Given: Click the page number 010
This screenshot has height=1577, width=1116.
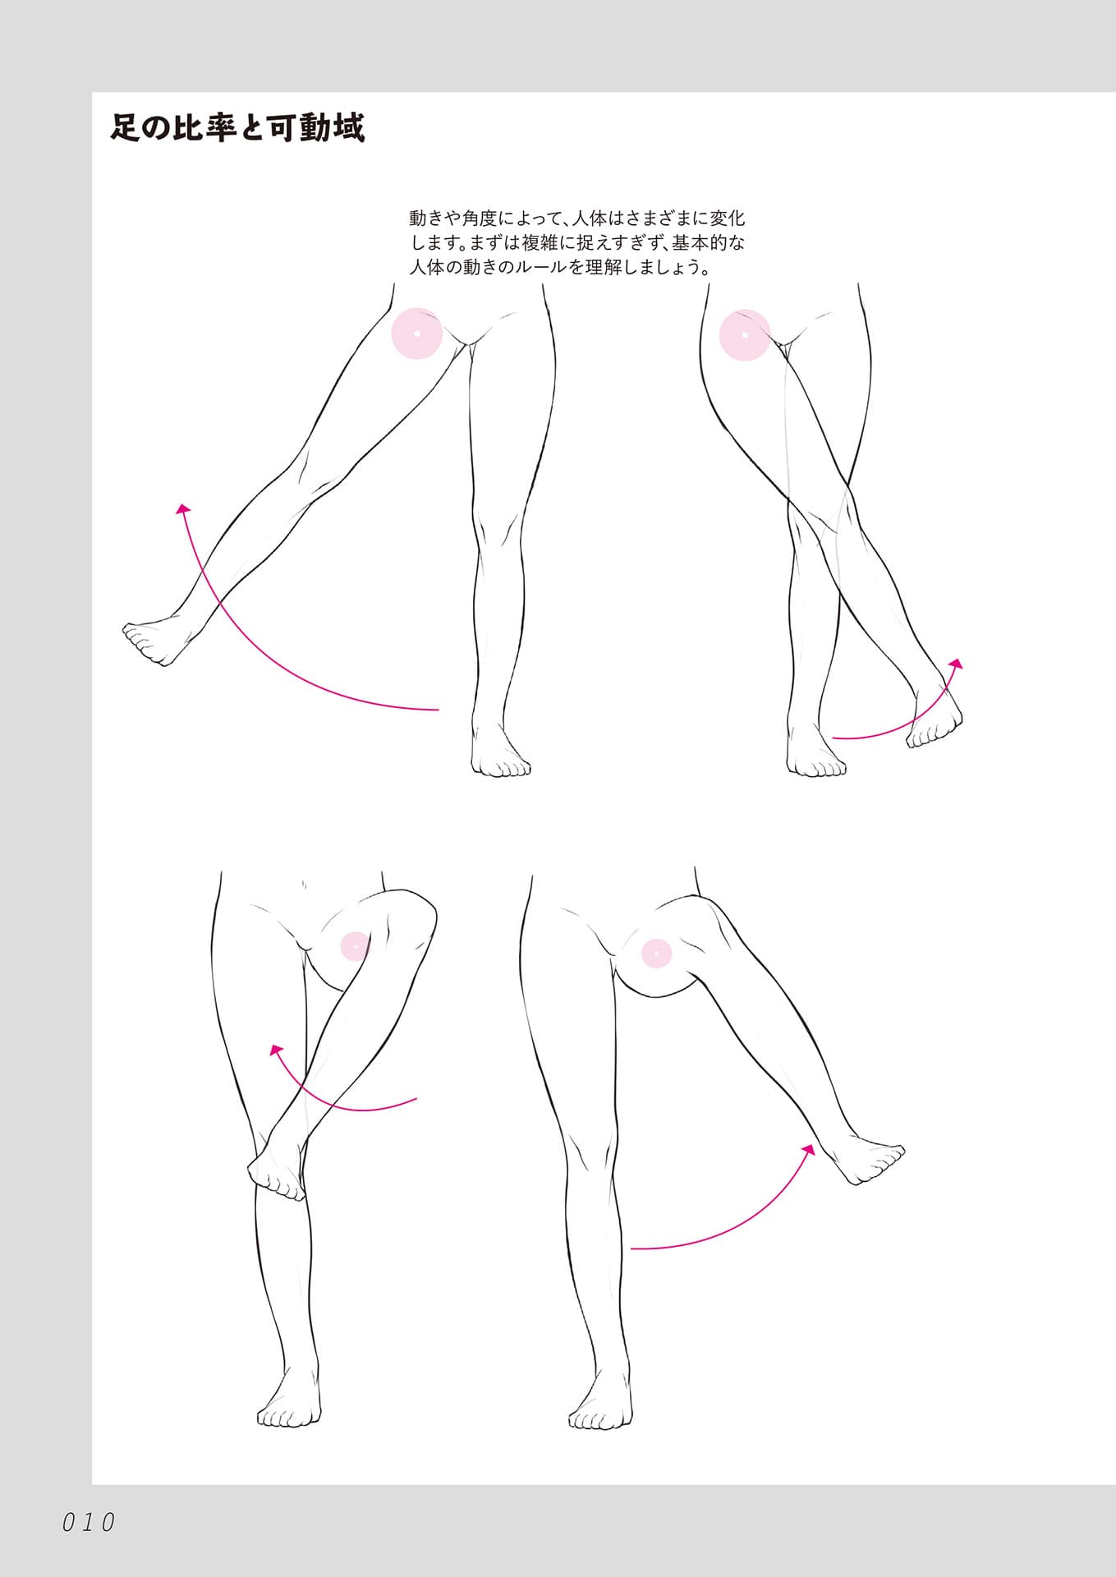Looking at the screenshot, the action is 89,1522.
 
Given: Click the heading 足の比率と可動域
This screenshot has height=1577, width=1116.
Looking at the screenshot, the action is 237,128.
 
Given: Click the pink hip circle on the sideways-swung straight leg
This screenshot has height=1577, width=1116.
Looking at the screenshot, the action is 417,333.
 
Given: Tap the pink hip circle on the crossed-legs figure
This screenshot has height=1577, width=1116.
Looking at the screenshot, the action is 745,335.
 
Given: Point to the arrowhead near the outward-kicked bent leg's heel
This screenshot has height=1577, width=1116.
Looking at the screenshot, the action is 810,1149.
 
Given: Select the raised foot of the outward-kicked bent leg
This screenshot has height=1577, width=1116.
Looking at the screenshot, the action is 866,1160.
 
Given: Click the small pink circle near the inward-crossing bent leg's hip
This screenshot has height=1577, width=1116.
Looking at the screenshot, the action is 356,947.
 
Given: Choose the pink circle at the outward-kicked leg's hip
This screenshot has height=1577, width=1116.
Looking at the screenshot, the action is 656,953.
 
